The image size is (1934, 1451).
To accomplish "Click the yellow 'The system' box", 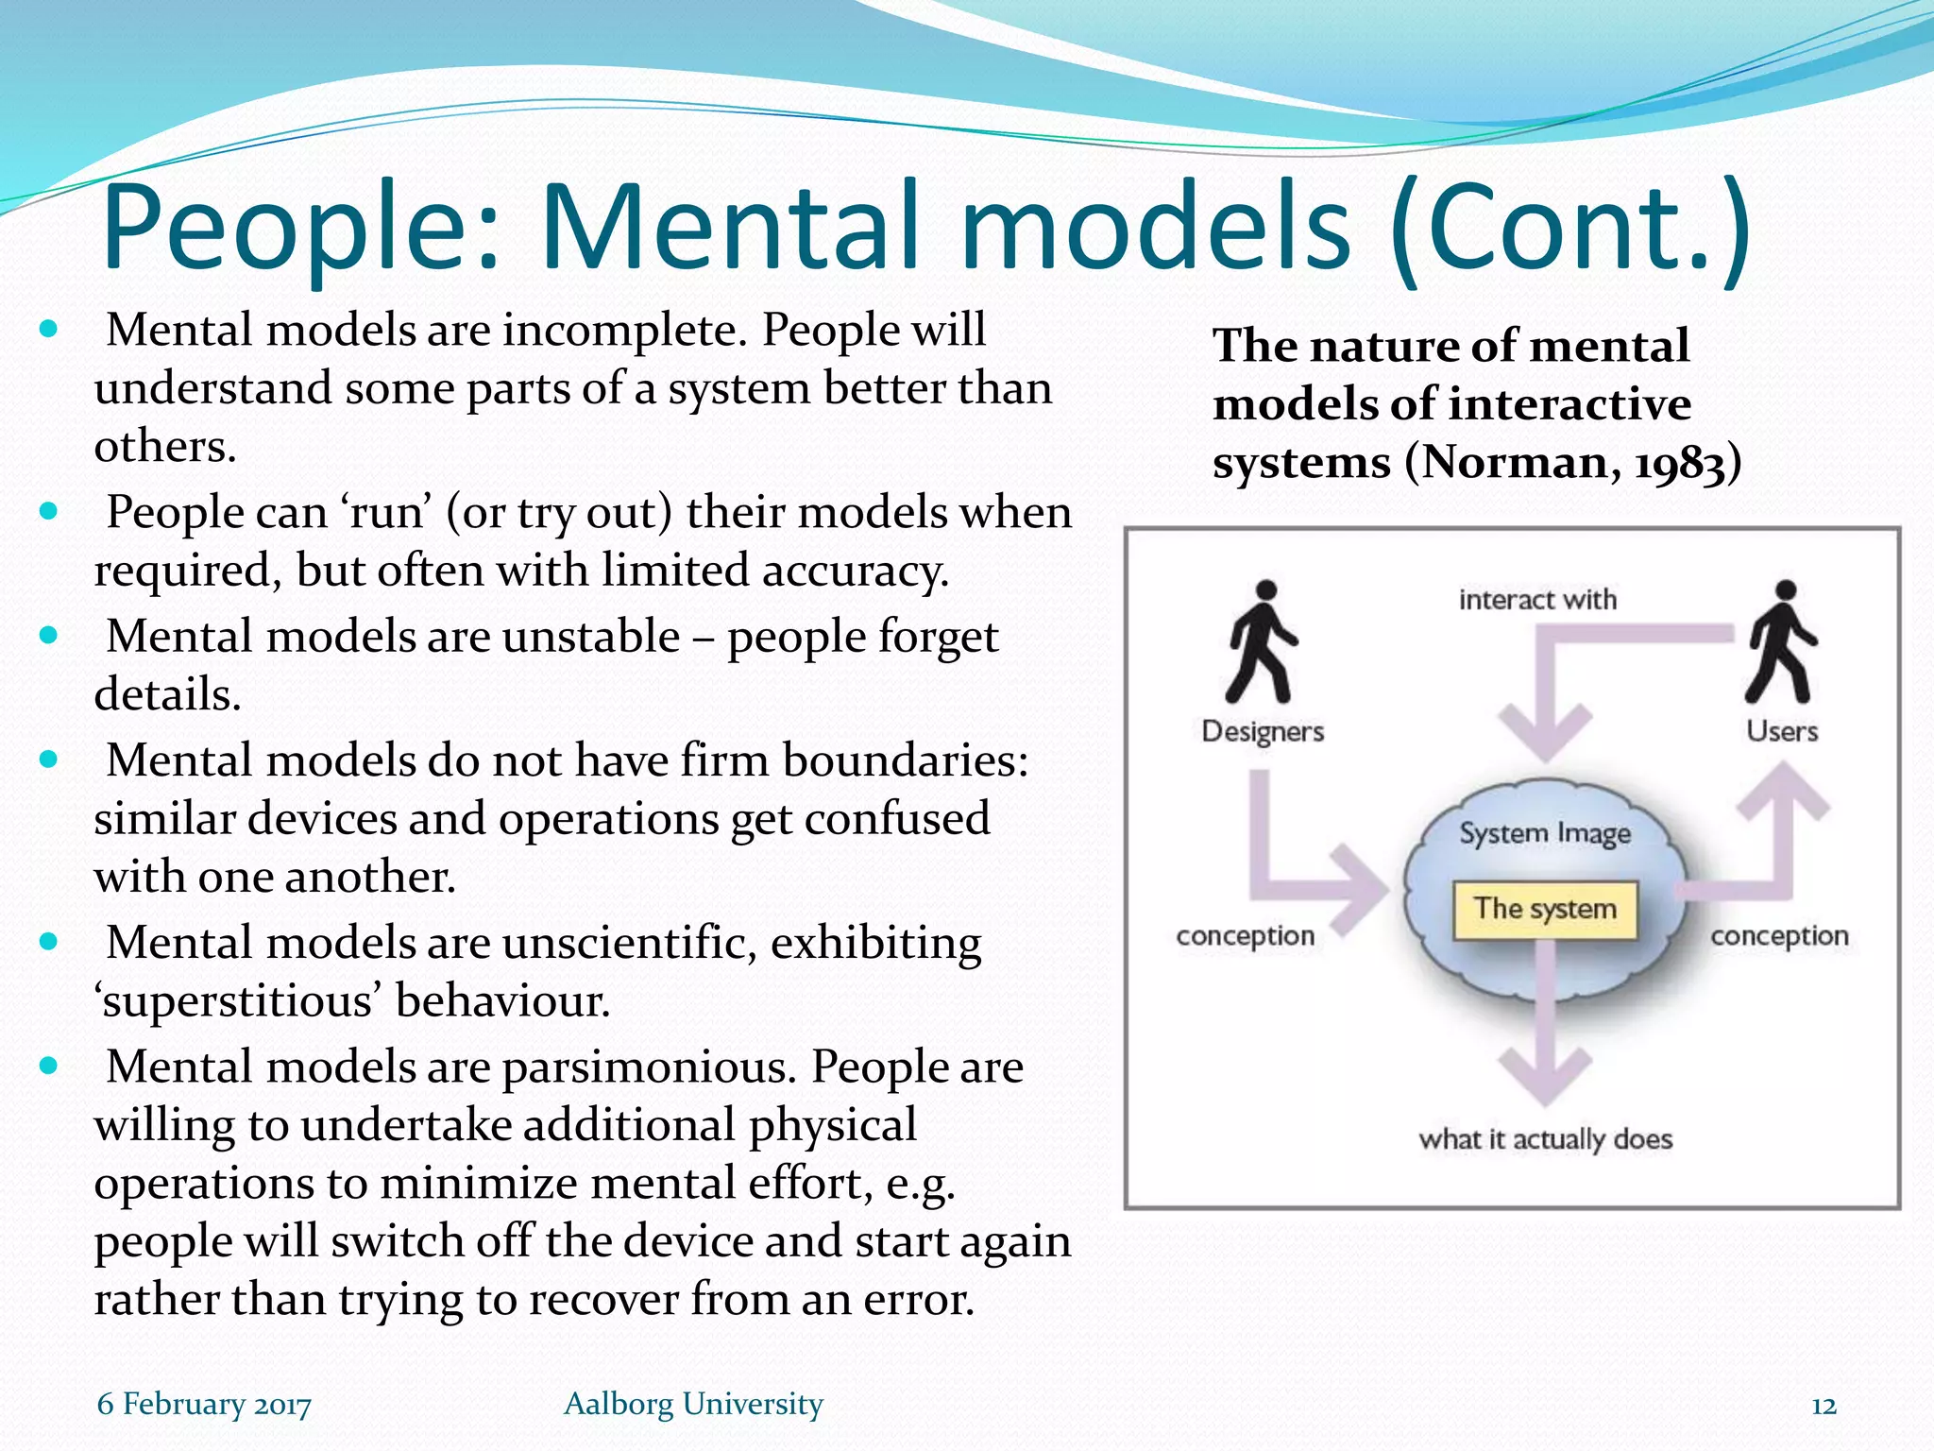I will (1545, 910).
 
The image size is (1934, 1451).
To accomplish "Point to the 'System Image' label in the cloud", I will (1545, 833).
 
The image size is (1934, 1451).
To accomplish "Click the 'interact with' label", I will (1537, 600).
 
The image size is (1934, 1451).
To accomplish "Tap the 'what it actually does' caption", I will (1545, 1139).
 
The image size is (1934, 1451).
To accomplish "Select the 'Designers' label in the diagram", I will (1263, 731).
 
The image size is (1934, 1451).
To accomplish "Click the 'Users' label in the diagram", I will (1782, 731).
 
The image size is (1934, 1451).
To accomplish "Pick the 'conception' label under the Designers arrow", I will (1245, 936).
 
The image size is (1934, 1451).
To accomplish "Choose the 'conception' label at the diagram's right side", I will (1779, 936).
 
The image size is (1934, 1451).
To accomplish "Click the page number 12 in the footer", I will (1824, 1407).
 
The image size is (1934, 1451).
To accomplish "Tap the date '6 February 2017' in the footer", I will (204, 1405).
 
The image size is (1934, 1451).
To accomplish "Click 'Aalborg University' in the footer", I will (693, 1405).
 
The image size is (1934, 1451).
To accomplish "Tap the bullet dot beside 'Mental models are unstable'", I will (49, 636).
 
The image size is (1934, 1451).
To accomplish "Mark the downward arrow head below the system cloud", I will (1545, 1077).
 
